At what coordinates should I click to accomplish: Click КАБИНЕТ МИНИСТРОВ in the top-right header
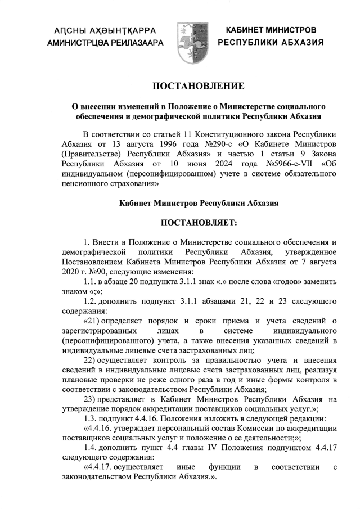click(271, 29)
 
